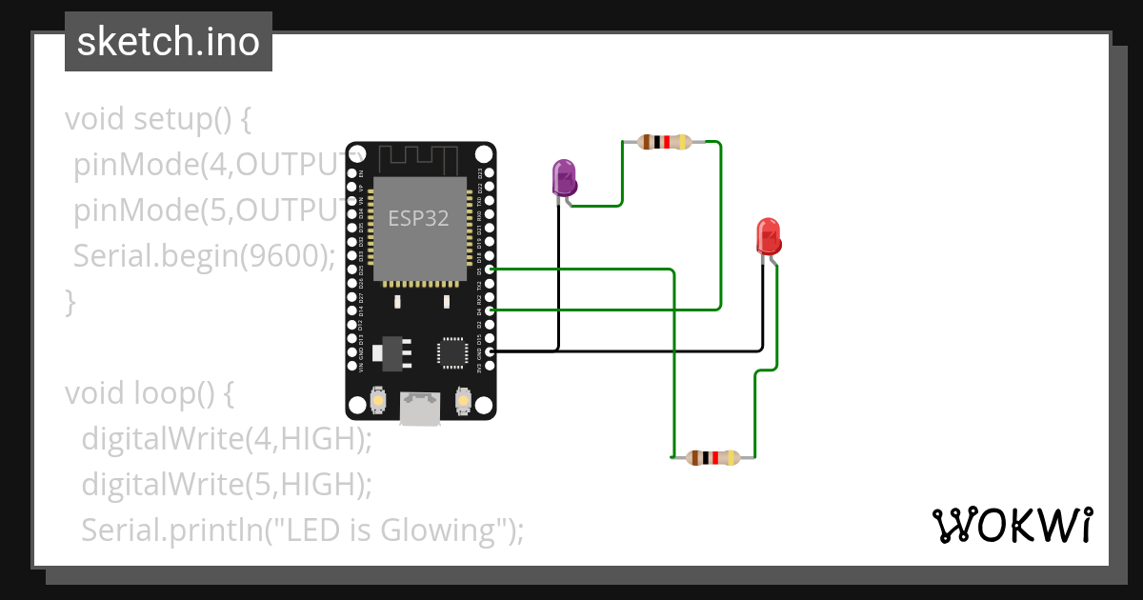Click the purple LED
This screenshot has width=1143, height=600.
(564, 179)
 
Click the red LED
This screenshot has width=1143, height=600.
(768, 235)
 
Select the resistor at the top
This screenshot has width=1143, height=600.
(665, 143)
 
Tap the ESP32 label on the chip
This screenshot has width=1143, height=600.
(418, 218)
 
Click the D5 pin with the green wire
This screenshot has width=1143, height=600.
(490, 270)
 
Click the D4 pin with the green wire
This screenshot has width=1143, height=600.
(490, 310)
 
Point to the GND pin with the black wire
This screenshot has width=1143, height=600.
(490, 351)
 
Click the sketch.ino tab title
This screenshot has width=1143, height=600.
(169, 42)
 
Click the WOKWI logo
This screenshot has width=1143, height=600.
(1012, 525)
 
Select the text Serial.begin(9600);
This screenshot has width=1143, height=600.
(204, 256)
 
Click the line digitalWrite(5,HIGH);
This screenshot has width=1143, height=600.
(226, 484)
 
